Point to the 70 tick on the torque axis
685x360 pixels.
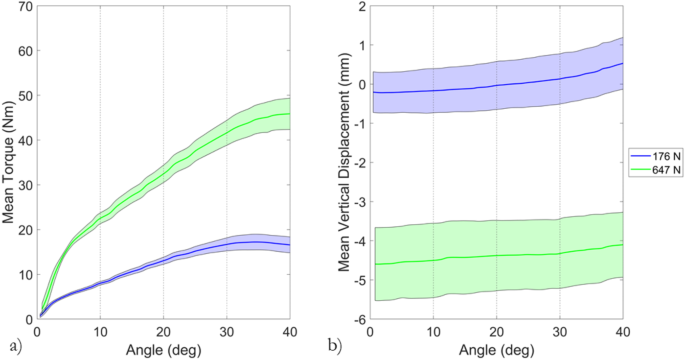coord(25,7)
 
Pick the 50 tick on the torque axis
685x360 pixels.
coord(25,96)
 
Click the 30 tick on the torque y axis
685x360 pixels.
coord(25,185)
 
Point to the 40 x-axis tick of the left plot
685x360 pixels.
coord(290,332)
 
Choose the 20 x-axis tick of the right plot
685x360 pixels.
coord(496,332)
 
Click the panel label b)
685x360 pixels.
coord(342,347)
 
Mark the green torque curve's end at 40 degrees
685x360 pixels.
coord(290,114)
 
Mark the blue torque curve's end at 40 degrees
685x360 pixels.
coord(290,245)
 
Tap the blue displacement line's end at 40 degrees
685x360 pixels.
coord(622,63)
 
